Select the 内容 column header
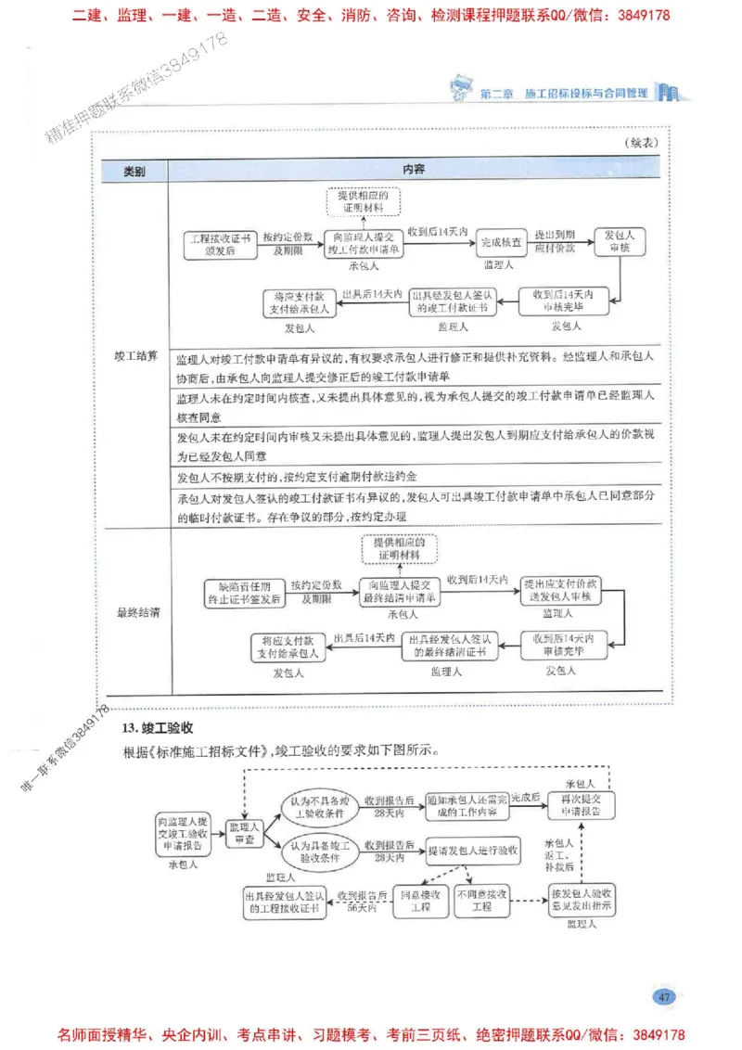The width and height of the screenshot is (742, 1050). (414, 171)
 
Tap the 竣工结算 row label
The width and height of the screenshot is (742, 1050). (135, 355)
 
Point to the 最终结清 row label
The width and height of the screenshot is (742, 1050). (135, 612)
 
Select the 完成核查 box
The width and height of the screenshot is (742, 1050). (498, 244)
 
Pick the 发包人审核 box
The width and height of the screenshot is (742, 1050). (619, 242)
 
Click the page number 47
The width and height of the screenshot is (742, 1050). (663, 997)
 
